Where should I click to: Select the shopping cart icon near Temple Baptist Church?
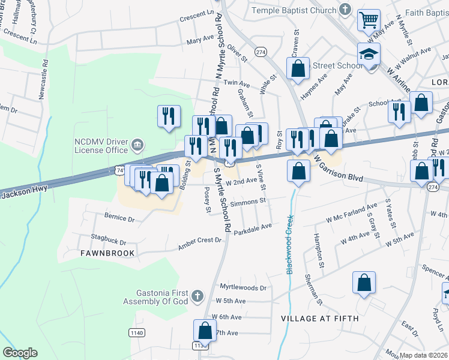[369, 20]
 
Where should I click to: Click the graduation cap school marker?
[369, 55]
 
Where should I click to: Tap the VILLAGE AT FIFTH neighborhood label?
[320, 319]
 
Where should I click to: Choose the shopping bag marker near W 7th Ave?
[205, 331]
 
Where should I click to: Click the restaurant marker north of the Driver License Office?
[169, 116]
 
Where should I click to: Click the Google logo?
[20, 353]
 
